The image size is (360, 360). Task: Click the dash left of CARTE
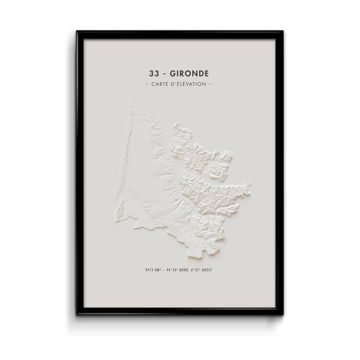146,84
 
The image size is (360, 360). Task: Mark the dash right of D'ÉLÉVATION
210,84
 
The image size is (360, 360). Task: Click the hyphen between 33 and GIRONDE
166,73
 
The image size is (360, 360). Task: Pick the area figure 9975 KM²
150,270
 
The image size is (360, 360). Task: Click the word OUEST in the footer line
210,270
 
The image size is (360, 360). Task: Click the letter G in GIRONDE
175,73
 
